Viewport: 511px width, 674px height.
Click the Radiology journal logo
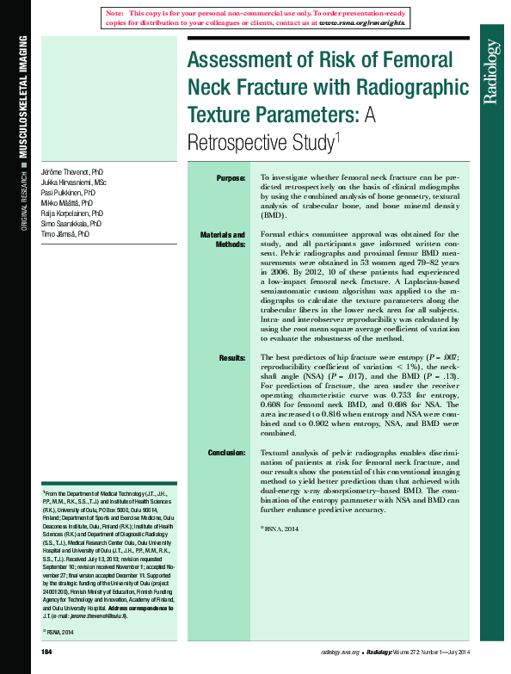[490, 71]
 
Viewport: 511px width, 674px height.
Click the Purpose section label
[231, 178]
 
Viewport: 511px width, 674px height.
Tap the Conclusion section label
[226, 453]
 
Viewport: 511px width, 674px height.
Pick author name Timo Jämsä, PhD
[65, 233]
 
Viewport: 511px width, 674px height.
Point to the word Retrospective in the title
[259, 140]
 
